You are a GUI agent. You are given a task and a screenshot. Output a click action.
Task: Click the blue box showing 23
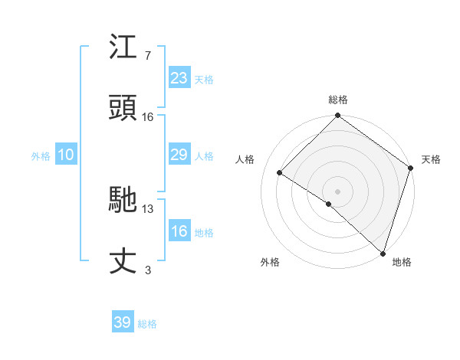[179, 77]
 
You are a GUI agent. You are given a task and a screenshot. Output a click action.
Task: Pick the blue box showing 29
[179, 155]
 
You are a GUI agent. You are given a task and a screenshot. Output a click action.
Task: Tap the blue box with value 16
[179, 231]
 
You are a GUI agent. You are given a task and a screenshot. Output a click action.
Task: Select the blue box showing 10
[66, 155]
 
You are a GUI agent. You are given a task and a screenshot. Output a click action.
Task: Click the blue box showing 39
[123, 322]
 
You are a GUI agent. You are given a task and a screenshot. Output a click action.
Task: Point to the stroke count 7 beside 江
[148, 55]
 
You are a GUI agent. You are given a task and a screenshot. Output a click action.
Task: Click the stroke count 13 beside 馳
[148, 208]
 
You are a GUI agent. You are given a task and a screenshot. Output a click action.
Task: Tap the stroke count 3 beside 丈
[148, 270]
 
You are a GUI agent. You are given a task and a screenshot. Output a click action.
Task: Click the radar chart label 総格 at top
[338, 100]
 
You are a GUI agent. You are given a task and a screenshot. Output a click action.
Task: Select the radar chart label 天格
[431, 159]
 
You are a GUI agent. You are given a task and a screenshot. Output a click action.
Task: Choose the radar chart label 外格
[270, 262]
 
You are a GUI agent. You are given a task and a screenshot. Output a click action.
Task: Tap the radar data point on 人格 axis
[280, 173]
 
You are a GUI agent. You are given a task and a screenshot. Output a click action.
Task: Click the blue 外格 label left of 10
[41, 155]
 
